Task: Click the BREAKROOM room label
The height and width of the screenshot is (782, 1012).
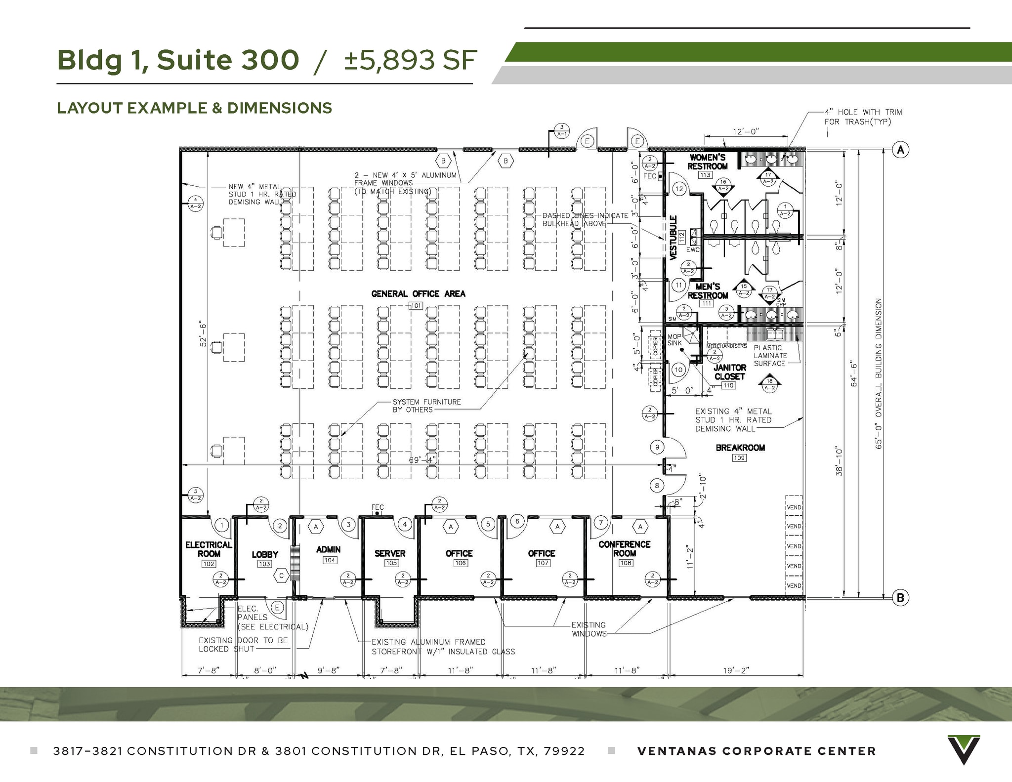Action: coord(740,448)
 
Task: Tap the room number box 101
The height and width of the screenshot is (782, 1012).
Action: coord(416,306)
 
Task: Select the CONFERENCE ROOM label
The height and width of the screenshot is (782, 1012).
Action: coord(624,548)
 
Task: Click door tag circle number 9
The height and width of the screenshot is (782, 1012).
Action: coord(657,448)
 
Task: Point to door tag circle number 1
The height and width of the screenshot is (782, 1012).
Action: coord(222,525)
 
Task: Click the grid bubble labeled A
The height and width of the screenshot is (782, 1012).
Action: coord(900,150)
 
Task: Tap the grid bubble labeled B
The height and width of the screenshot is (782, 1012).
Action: coord(900,598)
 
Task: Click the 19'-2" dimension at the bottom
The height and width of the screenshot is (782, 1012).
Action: coord(735,670)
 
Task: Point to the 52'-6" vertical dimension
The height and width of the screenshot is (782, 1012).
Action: coord(203,334)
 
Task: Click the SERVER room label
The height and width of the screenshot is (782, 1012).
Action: coord(389,553)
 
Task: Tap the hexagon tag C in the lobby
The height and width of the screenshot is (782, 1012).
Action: coord(281,576)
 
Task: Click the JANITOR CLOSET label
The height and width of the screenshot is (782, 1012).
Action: coord(729,372)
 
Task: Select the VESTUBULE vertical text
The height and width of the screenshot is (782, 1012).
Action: coord(673,238)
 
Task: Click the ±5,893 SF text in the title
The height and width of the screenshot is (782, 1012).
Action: coord(410,60)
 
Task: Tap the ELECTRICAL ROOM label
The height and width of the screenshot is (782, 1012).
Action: coord(209,549)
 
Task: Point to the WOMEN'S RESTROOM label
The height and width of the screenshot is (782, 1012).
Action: coord(707,162)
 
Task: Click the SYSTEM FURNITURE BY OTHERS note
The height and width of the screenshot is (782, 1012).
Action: coord(426,406)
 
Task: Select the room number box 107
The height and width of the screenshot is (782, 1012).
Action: coord(543,563)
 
